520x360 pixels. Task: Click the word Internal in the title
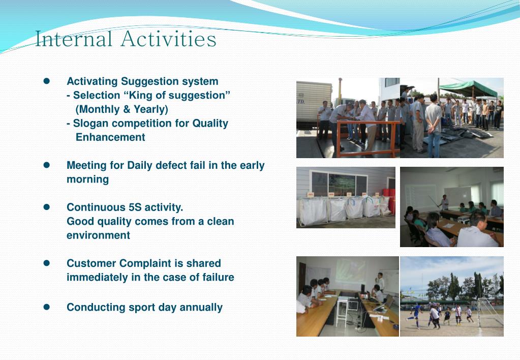pos(74,39)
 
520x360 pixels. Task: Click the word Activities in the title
pos(168,39)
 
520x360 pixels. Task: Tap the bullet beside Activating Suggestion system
pos(46,81)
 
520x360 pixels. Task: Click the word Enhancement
pos(110,137)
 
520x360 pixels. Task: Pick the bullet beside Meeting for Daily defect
pos(46,165)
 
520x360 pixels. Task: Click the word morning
pos(87,180)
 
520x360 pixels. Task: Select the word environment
pos(98,235)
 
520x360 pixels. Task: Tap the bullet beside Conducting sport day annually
pos(46,307)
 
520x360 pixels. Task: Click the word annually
pos(201,308)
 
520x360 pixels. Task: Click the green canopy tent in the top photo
pos(468,88)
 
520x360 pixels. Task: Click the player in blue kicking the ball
pos(415,316)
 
